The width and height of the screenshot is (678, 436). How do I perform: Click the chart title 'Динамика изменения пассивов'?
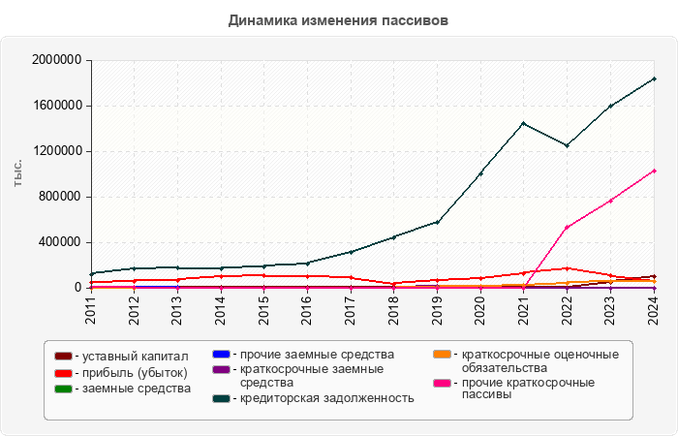[x=339, y=19]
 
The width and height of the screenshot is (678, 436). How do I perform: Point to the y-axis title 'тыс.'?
[x=18, y=174]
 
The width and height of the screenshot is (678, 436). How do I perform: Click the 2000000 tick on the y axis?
[x=56, y=60]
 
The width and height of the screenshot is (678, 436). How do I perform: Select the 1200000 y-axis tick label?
[x=56, y=151]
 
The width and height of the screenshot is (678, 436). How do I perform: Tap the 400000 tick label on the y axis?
[x=60, y=242]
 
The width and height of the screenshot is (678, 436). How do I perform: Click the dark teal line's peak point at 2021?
[x=524, y=123]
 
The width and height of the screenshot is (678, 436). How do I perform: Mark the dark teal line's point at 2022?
[x=568, y=145]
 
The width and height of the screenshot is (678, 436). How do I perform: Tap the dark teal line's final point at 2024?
[x=654, y=78]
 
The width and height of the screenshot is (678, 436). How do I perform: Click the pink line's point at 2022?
[x=568, y=227]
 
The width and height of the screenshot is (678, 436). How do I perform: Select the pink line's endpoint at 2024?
[x=654, y=171]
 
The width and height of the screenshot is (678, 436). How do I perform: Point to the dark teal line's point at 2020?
[x=481, y=173]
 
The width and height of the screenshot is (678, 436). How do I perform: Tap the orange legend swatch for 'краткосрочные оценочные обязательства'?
[x=441, y=354]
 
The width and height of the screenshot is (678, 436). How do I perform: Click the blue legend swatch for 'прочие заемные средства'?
[x=221, y=354]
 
